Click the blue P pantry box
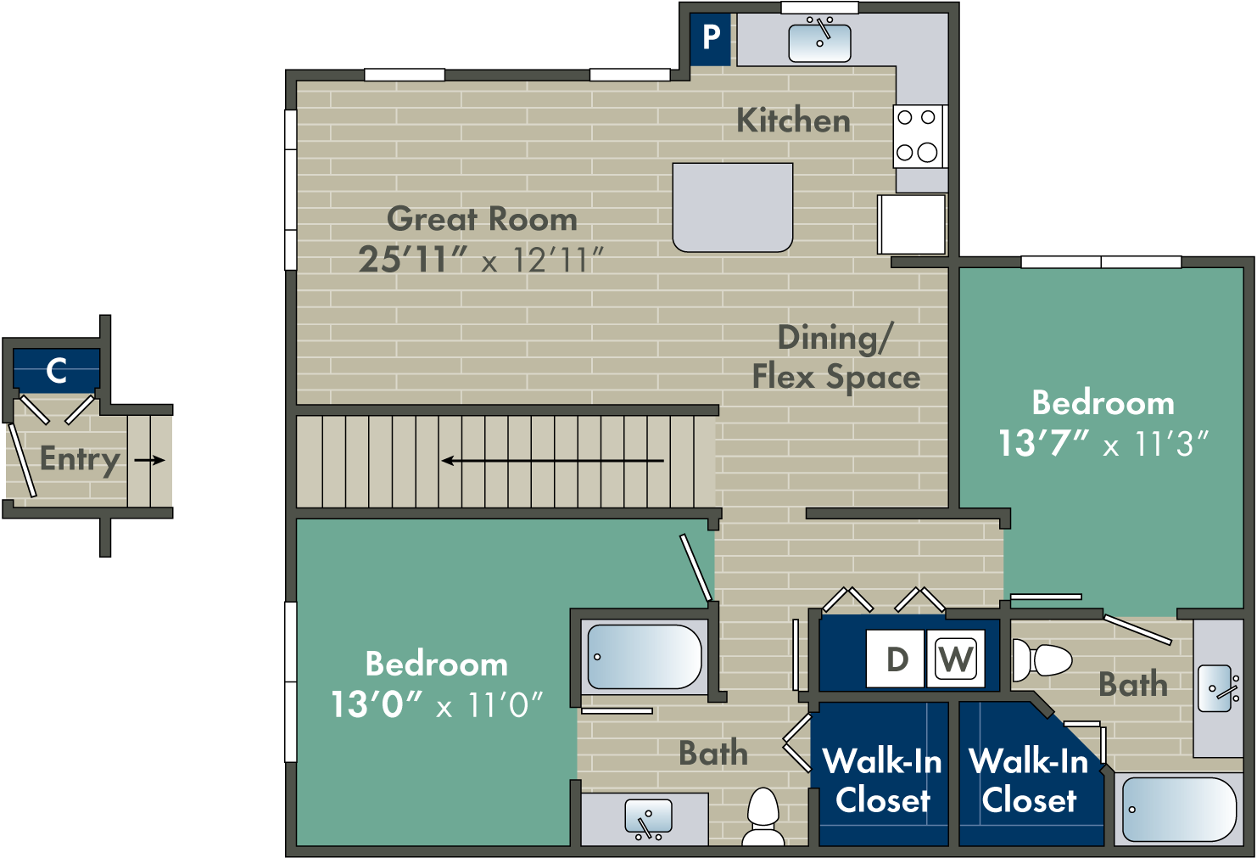click(710, 38)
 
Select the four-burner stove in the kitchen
click(918, 136)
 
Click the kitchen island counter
click(732, 207)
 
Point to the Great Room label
click(482, 219)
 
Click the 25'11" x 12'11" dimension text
click(481, 260)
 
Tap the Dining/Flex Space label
click(835, 357)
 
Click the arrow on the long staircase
click(552, 461)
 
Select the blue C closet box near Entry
click(57, 370)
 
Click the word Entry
click(80, 459)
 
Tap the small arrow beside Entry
click(149, 460)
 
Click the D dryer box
click(896, 659)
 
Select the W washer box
click(956, 659)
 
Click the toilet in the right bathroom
click(1042, 659)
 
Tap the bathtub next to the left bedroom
click(645, 657)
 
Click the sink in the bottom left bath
click(648, 818)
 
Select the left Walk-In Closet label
click(882, 781)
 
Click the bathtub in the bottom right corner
click(1178, 810)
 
